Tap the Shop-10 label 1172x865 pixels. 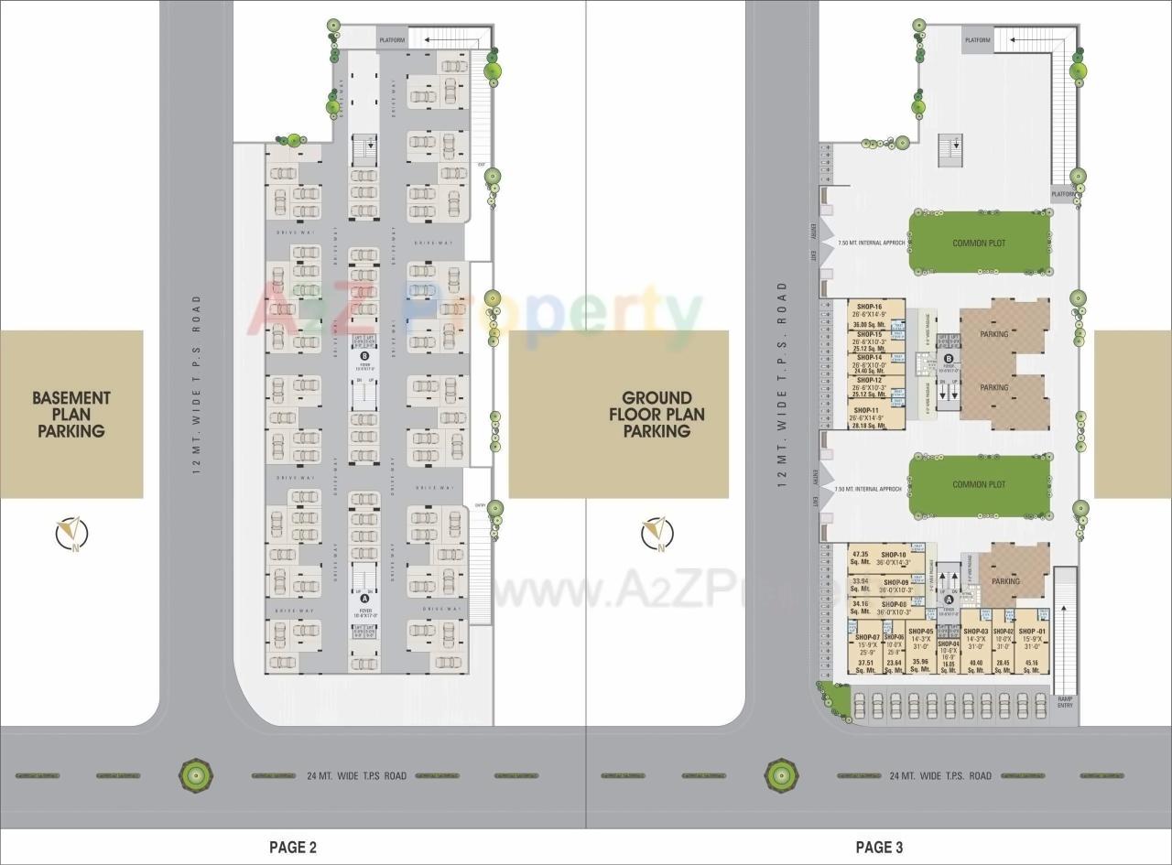coord(893,555)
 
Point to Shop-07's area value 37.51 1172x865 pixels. coord(866,664)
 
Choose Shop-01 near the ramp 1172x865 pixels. coord(1032,632)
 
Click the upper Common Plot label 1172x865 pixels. coord(979,243)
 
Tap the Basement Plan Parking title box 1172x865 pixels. coord(71,415)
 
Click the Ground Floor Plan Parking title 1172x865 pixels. coord(657,415)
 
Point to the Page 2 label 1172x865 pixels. coord(293,848)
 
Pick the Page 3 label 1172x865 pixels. coord(879,848)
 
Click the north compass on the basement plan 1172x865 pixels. coord(71,532)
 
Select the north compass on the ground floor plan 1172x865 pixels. coord(657,532)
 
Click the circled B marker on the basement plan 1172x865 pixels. coord(364,357)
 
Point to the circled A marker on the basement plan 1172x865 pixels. coord(364,598)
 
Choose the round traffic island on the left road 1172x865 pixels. coord(195,775)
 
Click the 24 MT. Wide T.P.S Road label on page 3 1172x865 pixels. coord(940,776)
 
